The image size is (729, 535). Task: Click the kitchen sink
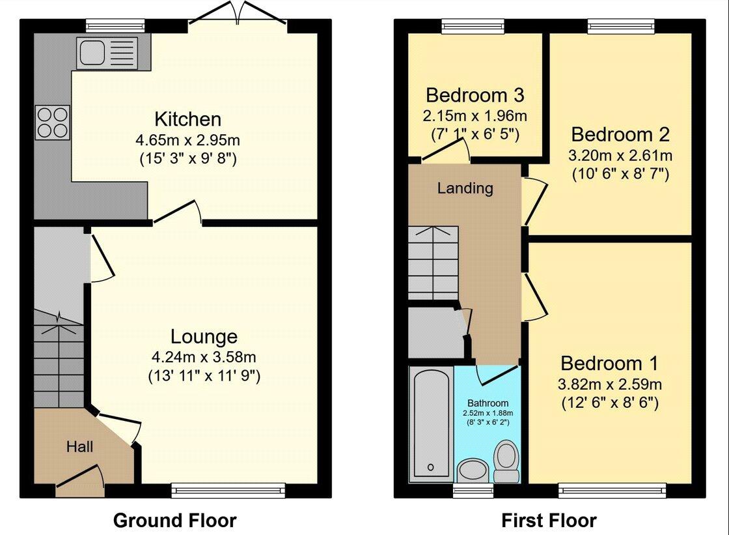coord(109,53)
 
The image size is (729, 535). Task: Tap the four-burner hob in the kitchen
coord(53,123)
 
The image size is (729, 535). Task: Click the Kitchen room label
coord(188,119)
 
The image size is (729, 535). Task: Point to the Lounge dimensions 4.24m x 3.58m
coord(204,357)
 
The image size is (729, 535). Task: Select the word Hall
coord(79,447)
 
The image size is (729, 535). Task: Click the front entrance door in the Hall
coord(79,476)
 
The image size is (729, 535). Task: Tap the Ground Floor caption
coord(175,520)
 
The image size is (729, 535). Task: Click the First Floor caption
coord(549,520)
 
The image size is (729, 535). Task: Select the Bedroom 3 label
coord(475,95)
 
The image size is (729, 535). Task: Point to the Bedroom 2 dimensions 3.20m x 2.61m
coord(620,155)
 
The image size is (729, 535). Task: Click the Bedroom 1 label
coord(609,363)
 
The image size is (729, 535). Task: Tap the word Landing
coord(465,188)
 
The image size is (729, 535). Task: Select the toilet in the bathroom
coord(506,461)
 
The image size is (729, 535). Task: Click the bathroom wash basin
coord(473,470)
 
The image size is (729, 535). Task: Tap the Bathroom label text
coord(488,403)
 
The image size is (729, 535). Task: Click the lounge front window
coord(228,489)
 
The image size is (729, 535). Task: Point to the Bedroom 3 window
coord(473,27)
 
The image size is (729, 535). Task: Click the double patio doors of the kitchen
coord(238,13)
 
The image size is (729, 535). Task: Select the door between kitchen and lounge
coord(178,212)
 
